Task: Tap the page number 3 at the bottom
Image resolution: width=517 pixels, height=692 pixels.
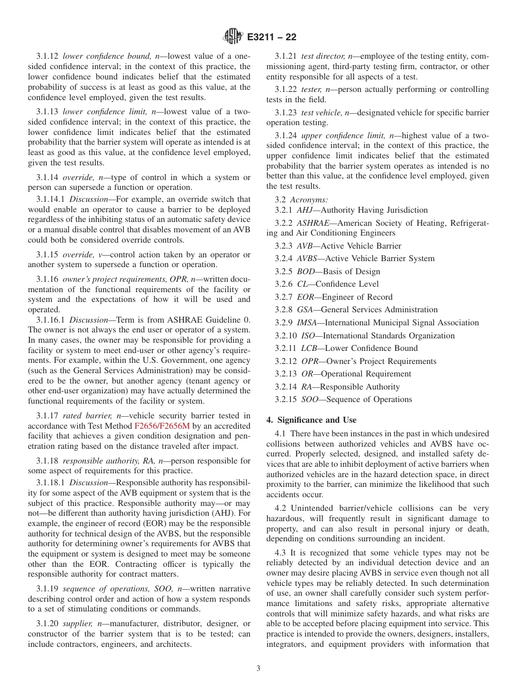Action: click(258, 669)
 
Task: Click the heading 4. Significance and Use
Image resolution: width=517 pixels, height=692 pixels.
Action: click(311, 419)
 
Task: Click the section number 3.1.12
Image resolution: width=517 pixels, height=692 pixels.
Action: click(47, 56)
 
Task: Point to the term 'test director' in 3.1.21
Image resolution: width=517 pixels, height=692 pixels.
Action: click(322, 56)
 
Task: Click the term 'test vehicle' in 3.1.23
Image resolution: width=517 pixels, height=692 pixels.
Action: click(323, 113)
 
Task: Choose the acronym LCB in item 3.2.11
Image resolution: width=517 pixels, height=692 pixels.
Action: click(309, 348)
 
